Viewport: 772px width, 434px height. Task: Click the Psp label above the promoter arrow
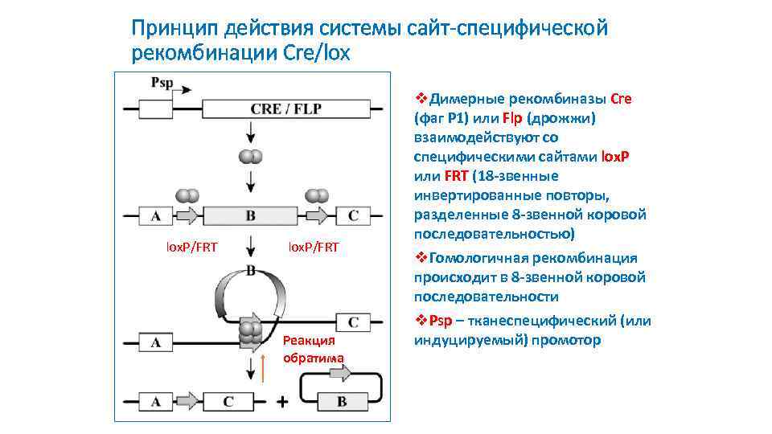click(x=161, y=83)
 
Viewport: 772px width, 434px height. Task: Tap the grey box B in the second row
click(x=250, y=215)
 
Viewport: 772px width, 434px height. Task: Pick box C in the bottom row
click(x=228, y=401)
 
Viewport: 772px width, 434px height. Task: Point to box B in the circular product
click(x=342, y=401)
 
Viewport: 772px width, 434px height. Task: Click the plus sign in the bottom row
click(x=282, y=401)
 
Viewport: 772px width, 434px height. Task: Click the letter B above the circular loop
click(x=250, y=271)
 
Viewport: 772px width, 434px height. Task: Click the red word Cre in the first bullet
click(x=622, y=99)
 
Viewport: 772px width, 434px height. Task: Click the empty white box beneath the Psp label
click(x=156, y=108)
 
